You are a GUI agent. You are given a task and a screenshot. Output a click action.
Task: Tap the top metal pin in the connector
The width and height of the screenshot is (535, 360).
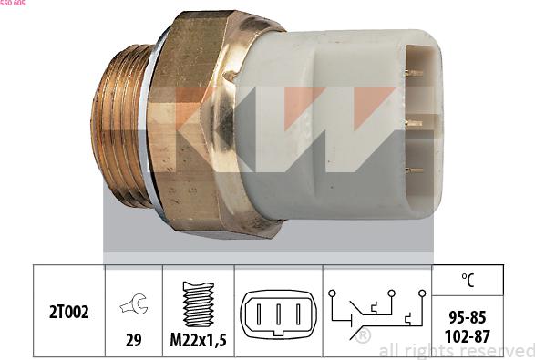point(415,73)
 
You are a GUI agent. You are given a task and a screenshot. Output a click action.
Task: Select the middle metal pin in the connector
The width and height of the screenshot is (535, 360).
point(415,122)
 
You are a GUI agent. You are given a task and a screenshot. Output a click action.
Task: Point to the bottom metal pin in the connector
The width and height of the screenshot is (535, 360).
point(415,170)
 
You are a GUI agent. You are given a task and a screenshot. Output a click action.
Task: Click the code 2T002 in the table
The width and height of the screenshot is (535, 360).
point(69,313)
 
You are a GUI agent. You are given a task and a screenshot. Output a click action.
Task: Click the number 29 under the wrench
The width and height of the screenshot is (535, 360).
point(134,340)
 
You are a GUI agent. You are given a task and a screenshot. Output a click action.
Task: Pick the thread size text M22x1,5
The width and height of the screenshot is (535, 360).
point(199,340)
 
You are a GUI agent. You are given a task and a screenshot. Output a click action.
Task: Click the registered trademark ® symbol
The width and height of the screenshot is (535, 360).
point(364,336)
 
